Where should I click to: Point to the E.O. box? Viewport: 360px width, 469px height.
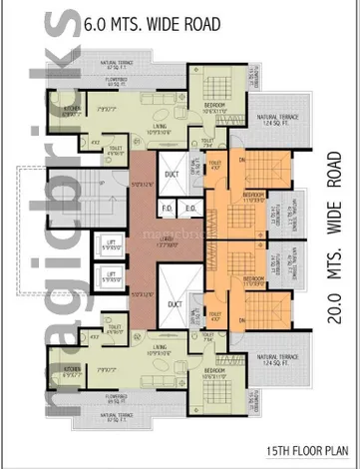(189, 208)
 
